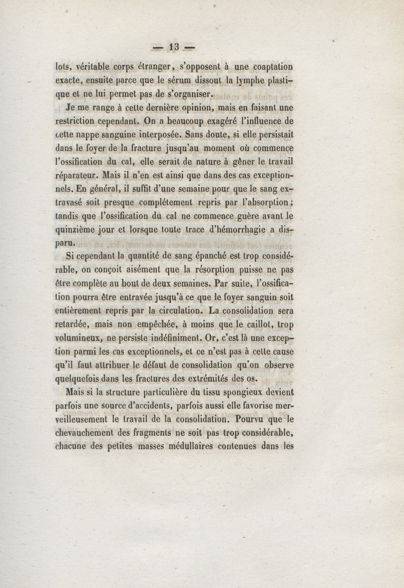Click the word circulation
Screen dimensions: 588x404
point(171,310)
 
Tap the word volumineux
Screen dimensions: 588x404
point(82,338)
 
